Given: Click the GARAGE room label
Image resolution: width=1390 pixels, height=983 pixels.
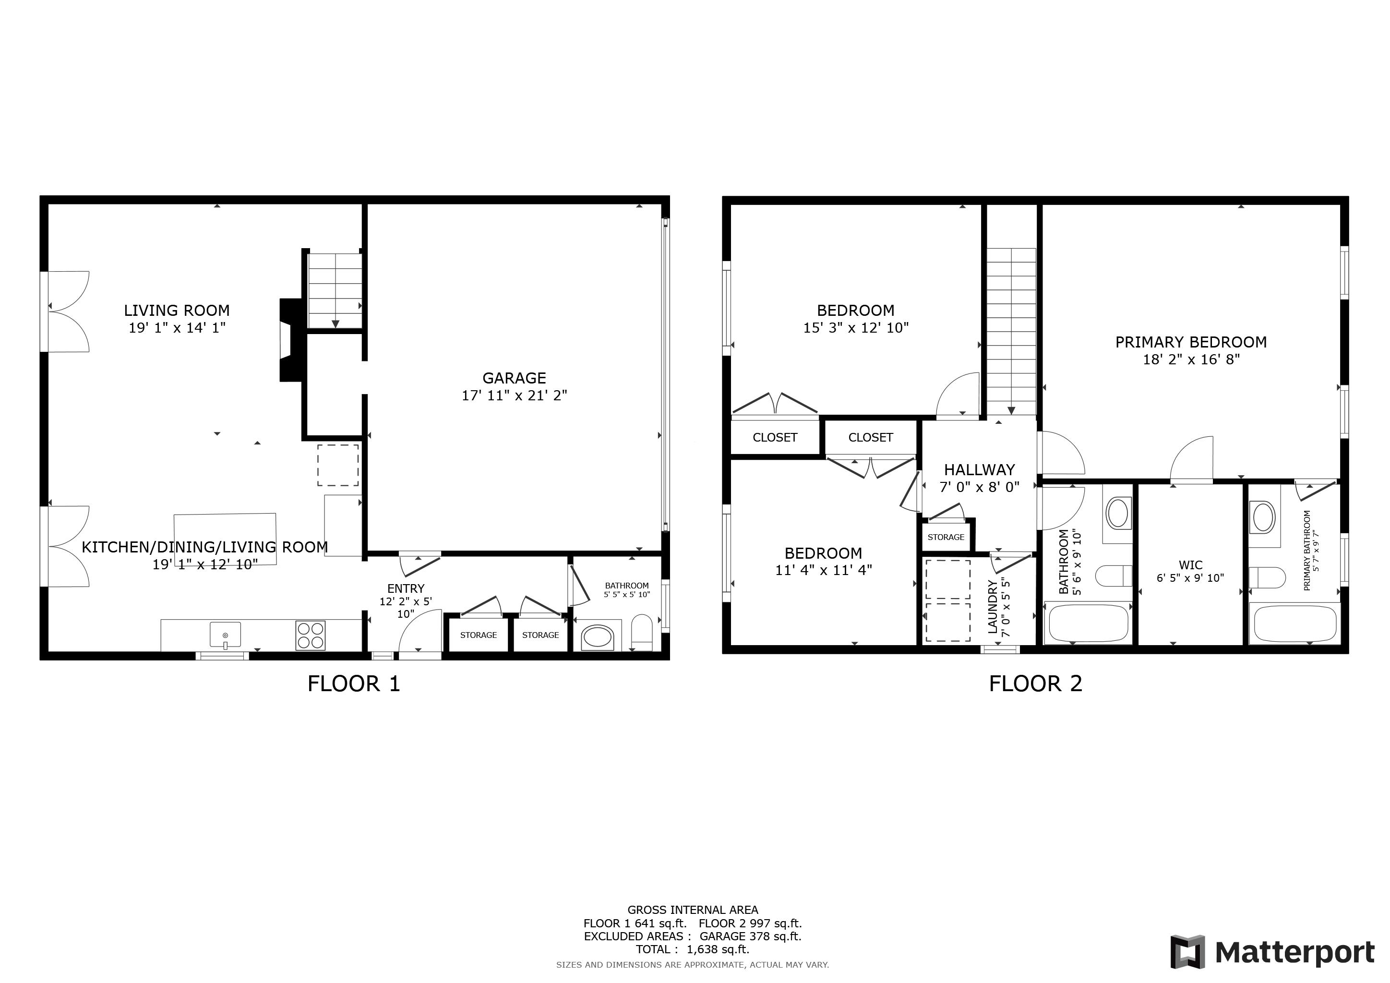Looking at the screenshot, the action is click(x=514, y=378).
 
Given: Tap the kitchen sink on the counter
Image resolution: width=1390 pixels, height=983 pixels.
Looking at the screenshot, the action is click(x=225, y=635).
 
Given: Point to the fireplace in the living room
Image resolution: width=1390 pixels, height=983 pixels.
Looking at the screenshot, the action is click(x=290, y=340).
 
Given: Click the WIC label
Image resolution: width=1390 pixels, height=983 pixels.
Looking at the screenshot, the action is click(x=1190, y=565).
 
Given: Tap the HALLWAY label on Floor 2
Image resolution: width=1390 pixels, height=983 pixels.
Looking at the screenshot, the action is click(x=980, y=470).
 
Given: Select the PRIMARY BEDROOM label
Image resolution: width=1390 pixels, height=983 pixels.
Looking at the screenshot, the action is click(x=1191, y=343).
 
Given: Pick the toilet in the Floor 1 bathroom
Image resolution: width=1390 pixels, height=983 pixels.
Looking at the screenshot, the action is click(x=642, y=633).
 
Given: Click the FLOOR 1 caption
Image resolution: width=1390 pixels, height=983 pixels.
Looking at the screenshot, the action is click(x=354, y=684).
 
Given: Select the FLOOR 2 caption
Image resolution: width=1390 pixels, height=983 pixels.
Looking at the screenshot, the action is click(x=1035, y=684).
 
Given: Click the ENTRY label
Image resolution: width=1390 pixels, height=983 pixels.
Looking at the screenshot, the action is click(x=406, y=588).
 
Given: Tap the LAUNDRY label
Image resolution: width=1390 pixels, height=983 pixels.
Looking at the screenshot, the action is click(x=993, y=607).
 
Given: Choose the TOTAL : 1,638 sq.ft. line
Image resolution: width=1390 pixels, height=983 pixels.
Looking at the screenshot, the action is click(x=693, y=949).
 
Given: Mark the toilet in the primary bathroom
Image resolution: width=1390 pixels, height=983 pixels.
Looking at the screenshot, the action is click(x=1267, y=577).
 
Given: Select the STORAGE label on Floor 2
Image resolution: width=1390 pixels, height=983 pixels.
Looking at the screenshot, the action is click(x=946, y=538).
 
